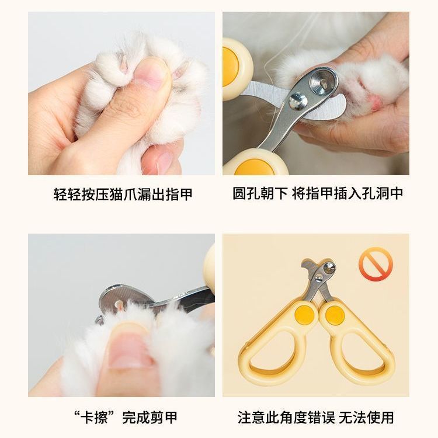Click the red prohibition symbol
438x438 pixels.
[x=376, y=263]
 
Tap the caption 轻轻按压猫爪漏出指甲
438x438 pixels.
[x=123, y=194]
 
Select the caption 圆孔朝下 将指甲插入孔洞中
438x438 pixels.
[x=318, y=193]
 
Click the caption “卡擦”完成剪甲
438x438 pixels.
[x=126, y=418]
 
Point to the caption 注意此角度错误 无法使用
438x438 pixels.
[x=315, y=418]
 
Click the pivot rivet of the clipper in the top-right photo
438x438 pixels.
[x=298, y=101]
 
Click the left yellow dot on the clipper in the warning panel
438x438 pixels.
[x=304, y=315]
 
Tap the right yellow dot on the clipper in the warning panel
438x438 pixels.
[x=335, y=315]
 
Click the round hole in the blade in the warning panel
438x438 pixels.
[x=329, y=267]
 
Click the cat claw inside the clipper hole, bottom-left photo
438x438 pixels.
[x=119, y=305]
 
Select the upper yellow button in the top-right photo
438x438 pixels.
[x=230, y=67]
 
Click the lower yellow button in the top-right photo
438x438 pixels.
[x=255, y=168]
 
